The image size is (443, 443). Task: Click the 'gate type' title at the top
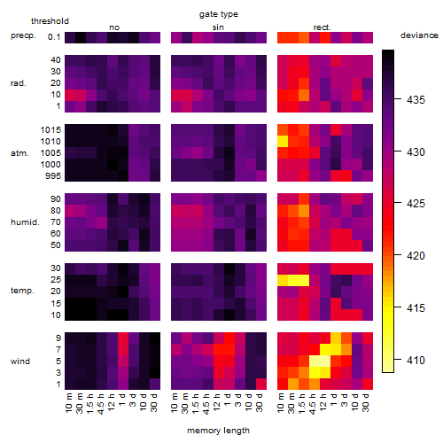[219, 14]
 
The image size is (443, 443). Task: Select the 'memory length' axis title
[218, 431]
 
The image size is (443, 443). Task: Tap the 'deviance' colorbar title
[419, 35]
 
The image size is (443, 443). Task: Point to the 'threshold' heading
[50, 21]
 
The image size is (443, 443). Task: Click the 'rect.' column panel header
[322, 27]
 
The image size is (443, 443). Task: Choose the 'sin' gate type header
[218, 27]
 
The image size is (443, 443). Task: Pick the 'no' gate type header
[114, 27]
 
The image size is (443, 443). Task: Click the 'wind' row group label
[20, 361]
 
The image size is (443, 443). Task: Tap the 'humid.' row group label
[25, 222]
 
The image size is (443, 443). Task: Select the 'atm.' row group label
[19, 153]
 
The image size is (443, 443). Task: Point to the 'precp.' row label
[23, 35]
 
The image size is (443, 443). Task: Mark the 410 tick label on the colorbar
[416, 361]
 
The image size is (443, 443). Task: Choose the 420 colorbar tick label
[416, 256]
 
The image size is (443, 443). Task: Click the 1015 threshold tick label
[51, 130]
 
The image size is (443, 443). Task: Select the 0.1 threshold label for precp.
[54, 37]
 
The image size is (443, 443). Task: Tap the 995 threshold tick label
[53, 176]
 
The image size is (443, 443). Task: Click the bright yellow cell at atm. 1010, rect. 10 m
[283, 142]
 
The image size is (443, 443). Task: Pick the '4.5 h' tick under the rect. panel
[313, 403]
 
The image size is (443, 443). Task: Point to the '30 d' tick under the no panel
[153, 402]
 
